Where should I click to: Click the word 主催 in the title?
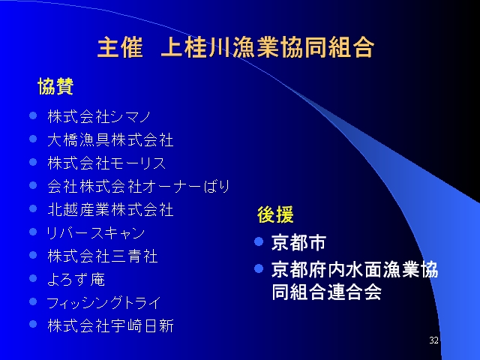pyautogui.click(x=120, y=47)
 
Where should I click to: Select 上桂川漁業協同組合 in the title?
pyautogui.click(x=268, y=47)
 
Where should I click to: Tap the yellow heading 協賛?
pyautogui.click(x=55, y=86)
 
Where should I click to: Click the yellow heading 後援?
pyautogui.click(x=275, y=214)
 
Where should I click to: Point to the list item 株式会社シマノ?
pyautogui.click(x=99, y=117)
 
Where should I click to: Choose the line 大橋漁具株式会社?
pyautogui.click(x=110, y=140)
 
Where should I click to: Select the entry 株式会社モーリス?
pyautogui.click(x=106, y=163)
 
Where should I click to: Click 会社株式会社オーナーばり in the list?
pyautogui.click(x=138, y=187)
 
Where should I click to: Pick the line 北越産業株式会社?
pyautogui.click(x=110, y=210)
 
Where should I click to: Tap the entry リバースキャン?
pyautogui.click(x=95, y=233)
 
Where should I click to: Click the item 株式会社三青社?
pyautogui.click(x=103, y=256)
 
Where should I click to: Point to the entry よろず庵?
pyautogui.click(x=76, y=280)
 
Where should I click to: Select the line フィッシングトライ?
pyautogui.click(x=103, y=303)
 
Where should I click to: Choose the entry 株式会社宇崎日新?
pyautogui.click(x=110, y=325)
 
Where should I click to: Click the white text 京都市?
pyautogui.click(x=298, y=243)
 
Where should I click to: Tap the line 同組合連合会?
pyautogui.click(x=327, y=292)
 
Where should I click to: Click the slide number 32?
pyautogui.click(x=433, y=340)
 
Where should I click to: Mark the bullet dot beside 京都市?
pyautogui.click(x=259, y=241)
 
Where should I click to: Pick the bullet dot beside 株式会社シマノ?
pyautogui.click(x=33, y=115)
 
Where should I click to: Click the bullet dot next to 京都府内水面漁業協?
pyautogui.click(x=259, y=268)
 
